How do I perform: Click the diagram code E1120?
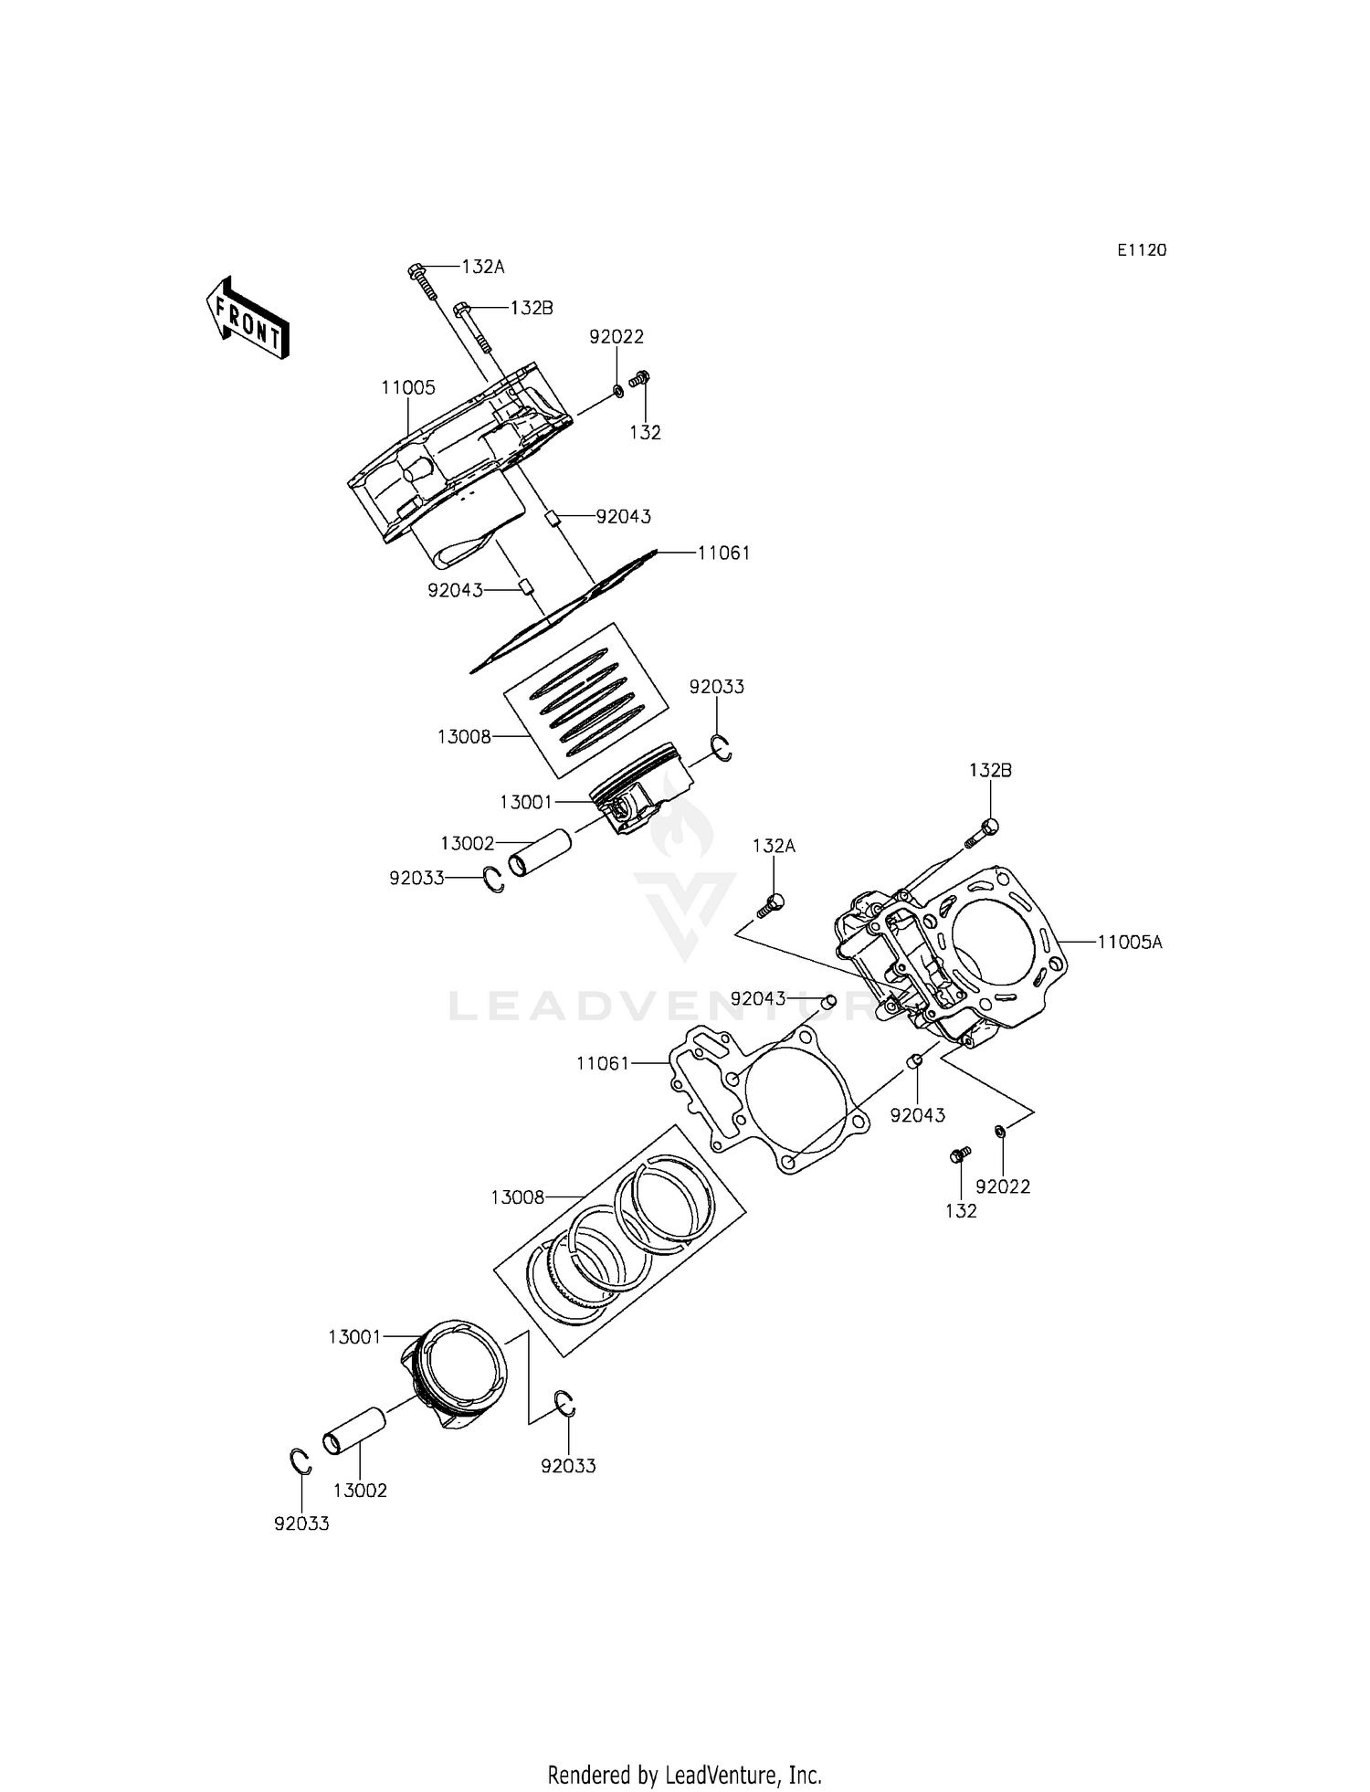pos(1142,250)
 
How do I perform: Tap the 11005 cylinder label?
pos(408,387)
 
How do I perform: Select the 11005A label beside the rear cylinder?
pos(1129,942)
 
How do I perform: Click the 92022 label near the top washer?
pos(616,336)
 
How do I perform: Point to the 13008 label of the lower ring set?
pos(517,1196)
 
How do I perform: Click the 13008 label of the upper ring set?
pos(464,736)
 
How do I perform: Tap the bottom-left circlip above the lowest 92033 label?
pos(300,1462)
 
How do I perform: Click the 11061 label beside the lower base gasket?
pos(603,1063)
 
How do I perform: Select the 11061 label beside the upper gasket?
pos(723,553)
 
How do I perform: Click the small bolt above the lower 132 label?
pos(959,1155)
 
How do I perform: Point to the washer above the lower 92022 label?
pos(1001,1132)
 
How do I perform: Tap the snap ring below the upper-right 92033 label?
pos(722,748)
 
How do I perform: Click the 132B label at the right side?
pos(990,770)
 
